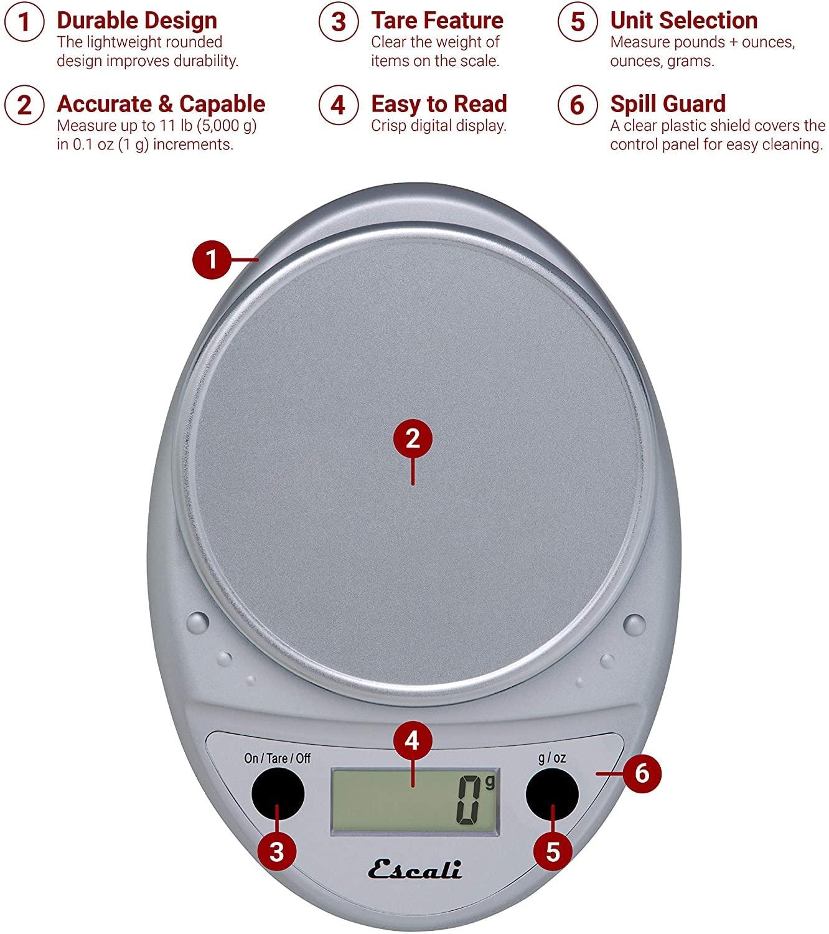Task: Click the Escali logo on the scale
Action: pos(415,869)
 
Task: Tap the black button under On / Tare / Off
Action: pos(278,793)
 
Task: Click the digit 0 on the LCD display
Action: pos(469,800)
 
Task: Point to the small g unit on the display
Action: pos(490,782)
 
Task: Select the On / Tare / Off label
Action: pos(278,758)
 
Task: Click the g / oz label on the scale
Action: pos(552,758)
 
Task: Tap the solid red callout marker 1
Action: pos(212,259)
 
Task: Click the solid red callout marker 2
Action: pos(413,438)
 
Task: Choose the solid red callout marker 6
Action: pos(642,773)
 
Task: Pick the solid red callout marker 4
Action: pos(413,741)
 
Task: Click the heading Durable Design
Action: pos(137,21)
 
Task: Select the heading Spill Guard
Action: pos(668,105)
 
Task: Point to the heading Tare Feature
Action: pos(438,21)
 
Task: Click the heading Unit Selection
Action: pos(684,21)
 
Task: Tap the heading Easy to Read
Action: pos(439,104)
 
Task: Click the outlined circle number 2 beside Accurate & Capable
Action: pos(24,105)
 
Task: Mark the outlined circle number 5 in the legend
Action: pos(578,21)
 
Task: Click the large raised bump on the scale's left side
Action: pos(198,623)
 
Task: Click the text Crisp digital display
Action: pos(439,126)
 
